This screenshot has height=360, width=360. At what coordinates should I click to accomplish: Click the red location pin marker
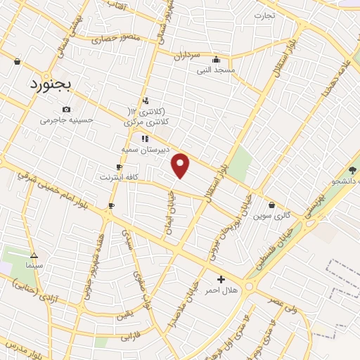(x=181, y=165)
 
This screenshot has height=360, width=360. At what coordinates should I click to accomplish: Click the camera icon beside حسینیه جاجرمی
(x=66, y=109)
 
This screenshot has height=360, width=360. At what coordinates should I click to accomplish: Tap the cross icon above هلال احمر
(x=221, y=279)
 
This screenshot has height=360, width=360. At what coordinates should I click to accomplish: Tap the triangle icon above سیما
(x=34, y=255)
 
